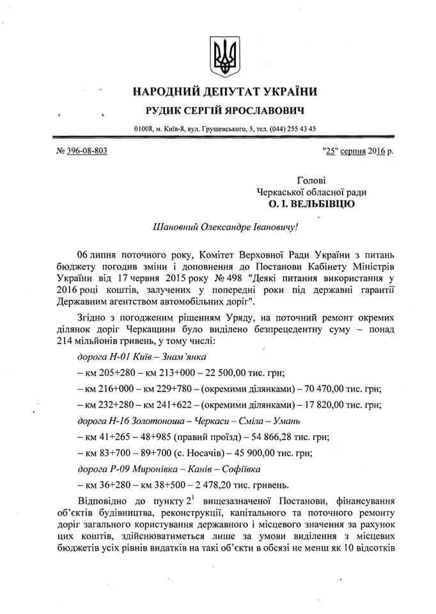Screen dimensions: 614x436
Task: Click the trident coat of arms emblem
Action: pos(223,56)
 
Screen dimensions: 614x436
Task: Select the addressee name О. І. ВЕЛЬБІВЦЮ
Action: pos(312,205)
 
